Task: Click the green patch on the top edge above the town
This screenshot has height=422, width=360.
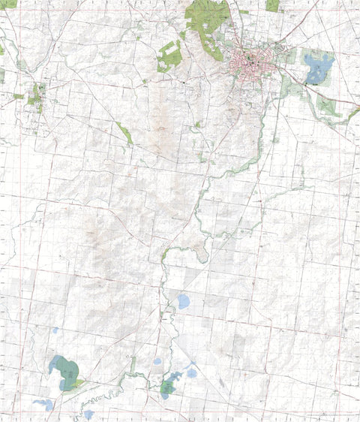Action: [x=272, y=5]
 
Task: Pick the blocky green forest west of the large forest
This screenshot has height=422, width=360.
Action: [x=169, y=56]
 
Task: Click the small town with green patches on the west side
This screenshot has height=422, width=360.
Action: [x=35, y=95]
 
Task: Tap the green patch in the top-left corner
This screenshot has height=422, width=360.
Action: [x=7, y=4]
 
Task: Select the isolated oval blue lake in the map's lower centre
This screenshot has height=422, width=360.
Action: [x=183, y=302]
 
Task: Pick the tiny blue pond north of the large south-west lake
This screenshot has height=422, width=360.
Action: [x=55, y=330]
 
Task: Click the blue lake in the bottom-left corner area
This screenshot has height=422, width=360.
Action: [x=43, y=404]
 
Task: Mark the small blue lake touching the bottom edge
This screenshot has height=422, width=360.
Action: [x=88, y=414]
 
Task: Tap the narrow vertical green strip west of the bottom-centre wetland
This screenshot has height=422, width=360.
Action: [x=133, y=366]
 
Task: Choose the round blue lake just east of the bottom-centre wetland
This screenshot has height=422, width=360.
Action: [x=192, y=372]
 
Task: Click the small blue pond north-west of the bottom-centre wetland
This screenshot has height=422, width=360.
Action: [x=157, y=361]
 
